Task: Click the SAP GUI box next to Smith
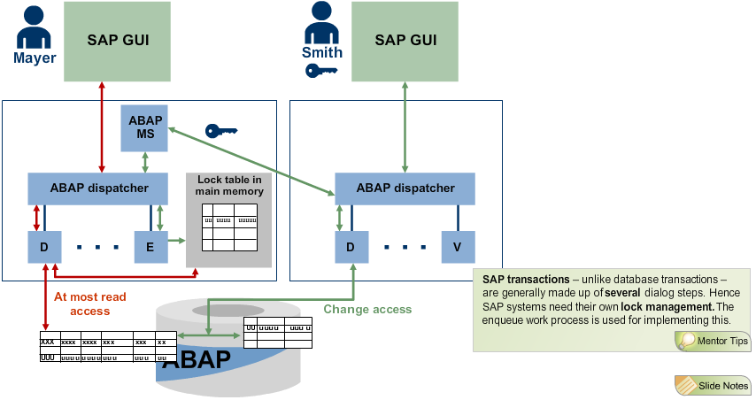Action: coord(405,41)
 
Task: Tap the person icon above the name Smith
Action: coord(321,27)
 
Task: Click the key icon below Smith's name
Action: coord(321,70)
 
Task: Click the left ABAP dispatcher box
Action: coord(98,188)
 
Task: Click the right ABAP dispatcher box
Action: coord(405,188)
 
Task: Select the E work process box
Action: coord(150,247)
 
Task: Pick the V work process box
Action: coord(458,247)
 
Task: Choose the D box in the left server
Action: coord(44,247)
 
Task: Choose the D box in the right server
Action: coord(351,247)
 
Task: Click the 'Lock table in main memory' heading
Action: coord(228,186)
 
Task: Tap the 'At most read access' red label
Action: coord(89,304)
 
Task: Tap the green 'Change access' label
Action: coord(366,309)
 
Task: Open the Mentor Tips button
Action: coord(713,341)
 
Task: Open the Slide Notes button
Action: coord(713,385)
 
